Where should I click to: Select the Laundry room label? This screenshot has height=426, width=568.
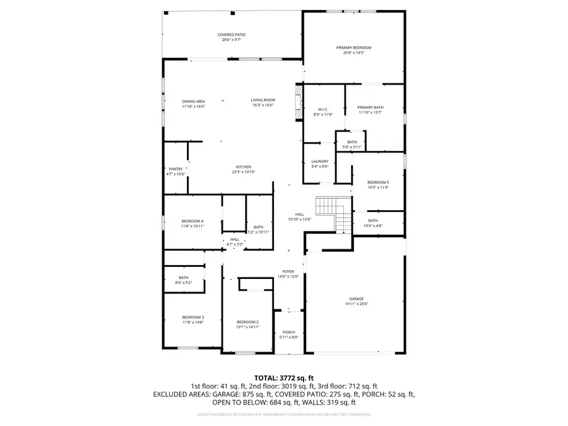(x=320, y=162)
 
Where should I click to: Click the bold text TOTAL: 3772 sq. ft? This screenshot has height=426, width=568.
(x=283, y=377)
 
